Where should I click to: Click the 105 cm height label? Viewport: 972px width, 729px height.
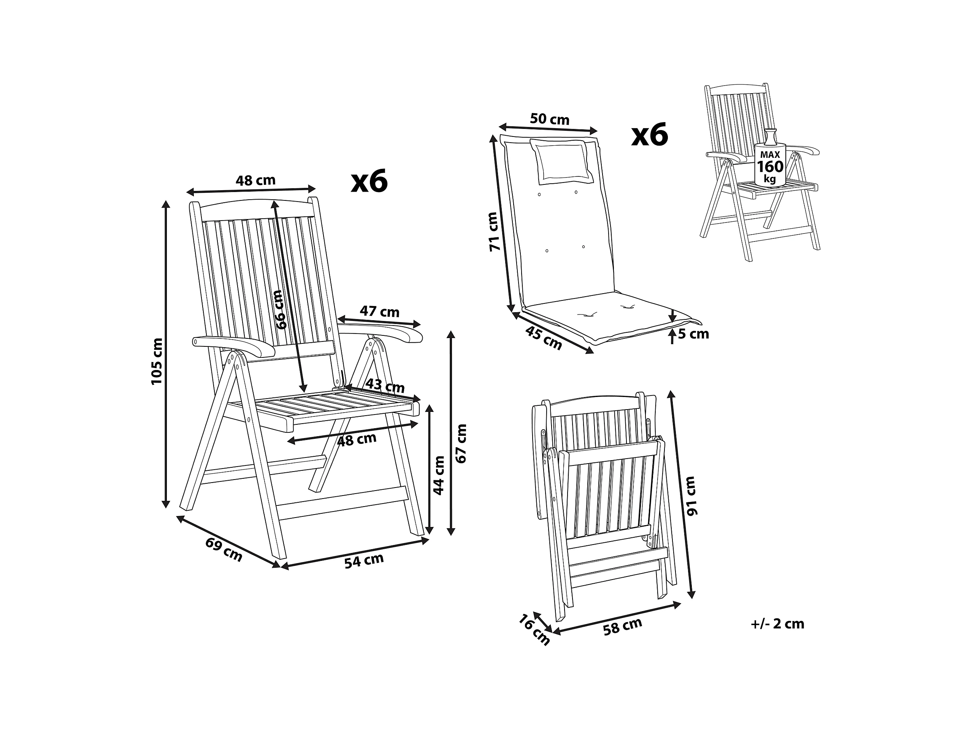157,361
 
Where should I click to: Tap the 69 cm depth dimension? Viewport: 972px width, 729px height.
224,550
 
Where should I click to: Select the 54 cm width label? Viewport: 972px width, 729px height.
364,561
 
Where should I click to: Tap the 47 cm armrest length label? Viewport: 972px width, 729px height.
380,311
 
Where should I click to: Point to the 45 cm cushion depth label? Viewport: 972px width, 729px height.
544,338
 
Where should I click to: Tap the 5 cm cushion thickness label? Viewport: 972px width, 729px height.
693,334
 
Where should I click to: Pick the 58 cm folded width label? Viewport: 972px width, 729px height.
622,626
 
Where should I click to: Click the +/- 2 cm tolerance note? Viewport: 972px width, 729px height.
778,624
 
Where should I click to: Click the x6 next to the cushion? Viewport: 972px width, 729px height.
650,135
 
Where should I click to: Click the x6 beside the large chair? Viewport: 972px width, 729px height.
369,181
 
